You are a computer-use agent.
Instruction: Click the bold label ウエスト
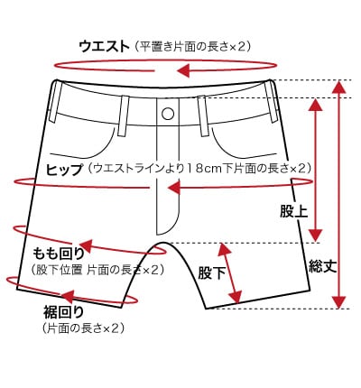104,47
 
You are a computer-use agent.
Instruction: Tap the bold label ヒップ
64,169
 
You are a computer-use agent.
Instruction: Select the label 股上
293,211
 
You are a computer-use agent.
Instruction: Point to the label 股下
212,273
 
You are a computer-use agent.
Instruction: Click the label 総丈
322,266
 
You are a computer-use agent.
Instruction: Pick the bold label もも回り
59,254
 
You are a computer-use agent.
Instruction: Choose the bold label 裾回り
63,312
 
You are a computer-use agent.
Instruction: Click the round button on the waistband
168,114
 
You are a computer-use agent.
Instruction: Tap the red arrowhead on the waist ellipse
183,70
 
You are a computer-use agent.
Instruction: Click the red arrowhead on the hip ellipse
174,188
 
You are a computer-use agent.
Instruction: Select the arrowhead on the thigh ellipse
86,246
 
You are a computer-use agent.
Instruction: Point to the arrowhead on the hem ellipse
68,296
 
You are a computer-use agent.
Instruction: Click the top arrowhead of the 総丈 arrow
339,88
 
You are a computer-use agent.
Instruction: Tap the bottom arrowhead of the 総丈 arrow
339,302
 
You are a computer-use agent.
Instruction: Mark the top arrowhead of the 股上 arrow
316,105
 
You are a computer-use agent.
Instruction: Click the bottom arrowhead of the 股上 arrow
316,236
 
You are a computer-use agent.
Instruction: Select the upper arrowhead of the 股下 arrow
224,250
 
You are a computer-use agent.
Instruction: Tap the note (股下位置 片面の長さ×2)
97,270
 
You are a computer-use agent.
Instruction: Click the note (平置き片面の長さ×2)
192,47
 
